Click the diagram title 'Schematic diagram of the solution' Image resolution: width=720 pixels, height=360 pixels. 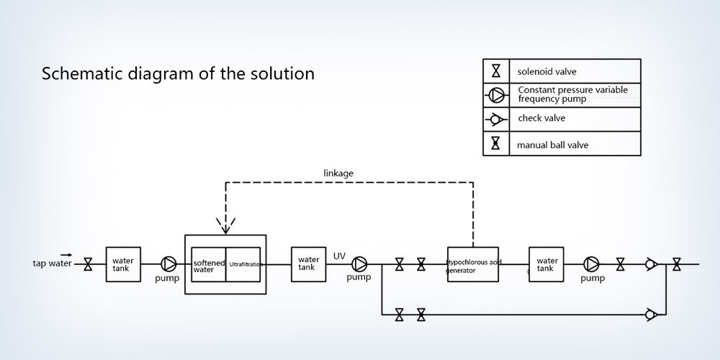(178, 73)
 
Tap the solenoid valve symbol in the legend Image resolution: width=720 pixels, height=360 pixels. (496, 71)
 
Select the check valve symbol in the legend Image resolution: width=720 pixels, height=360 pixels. (496, 119)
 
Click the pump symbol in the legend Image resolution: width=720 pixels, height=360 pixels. (496, 94)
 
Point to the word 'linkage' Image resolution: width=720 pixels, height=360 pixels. (338, 173)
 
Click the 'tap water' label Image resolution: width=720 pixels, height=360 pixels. (53, 264)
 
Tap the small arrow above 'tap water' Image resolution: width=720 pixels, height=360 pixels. (66, 254)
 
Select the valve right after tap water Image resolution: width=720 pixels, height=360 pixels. (88, 264)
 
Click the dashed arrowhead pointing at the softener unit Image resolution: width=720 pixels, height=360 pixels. (226, 227)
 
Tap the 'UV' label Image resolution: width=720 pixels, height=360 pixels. (340, 255)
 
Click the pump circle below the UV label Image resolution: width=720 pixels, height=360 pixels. (359, 264)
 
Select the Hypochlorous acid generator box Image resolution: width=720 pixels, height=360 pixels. (474, 264)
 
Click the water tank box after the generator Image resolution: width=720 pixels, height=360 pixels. (546, 264)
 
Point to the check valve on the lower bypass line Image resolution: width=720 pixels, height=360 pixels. (651, 314)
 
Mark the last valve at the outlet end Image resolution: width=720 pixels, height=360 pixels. (677, 264)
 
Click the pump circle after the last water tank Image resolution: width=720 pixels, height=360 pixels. (592, 264)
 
